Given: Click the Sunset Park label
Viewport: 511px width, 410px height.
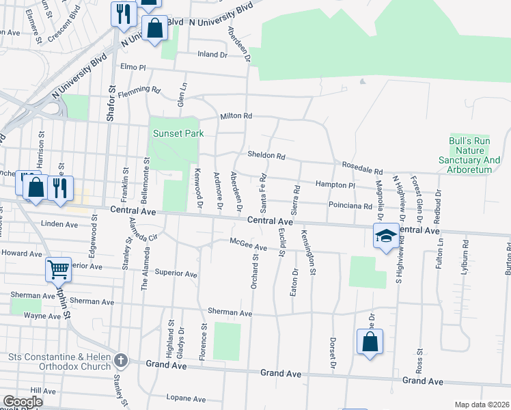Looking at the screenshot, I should [x=178, y=133].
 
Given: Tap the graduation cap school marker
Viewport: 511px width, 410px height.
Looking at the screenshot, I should [x=386, y=236].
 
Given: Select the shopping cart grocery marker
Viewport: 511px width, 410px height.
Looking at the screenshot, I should [x=59, y=269].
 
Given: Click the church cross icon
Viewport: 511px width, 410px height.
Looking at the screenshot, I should [x=121, y=360].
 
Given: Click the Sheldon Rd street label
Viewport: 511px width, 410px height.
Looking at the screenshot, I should [x=266, y=155].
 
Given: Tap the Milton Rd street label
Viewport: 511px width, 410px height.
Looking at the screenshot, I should [x=236, y=116].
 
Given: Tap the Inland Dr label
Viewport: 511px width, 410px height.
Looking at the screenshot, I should [x=212, y=54].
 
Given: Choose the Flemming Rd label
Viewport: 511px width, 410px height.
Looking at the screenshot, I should [x=139, y=92].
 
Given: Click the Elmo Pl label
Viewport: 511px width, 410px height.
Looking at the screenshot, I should [x=133, y=68].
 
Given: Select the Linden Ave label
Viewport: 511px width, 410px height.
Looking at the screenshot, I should [x=60, y=224].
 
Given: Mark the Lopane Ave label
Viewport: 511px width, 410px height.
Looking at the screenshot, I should [x=185, y=397].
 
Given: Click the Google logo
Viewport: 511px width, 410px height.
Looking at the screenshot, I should [x=23, y=402].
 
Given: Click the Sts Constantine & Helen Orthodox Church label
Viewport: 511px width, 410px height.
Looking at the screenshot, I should [x=59, y=361].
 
